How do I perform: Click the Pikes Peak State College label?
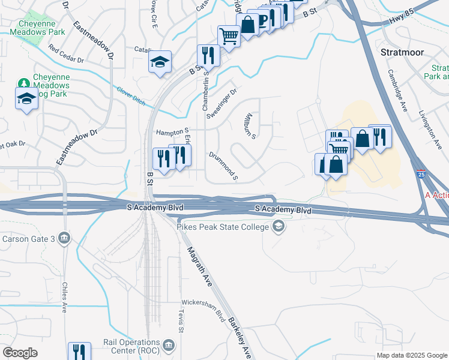tap(223, 226)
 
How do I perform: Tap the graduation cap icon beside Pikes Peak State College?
tap(278, 226)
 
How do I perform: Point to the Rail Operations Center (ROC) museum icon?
tap(169, 345)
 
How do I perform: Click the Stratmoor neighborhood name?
tap(402, 52)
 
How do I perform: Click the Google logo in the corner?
tap(20, 353)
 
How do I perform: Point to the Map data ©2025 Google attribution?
tap(411, 355)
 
